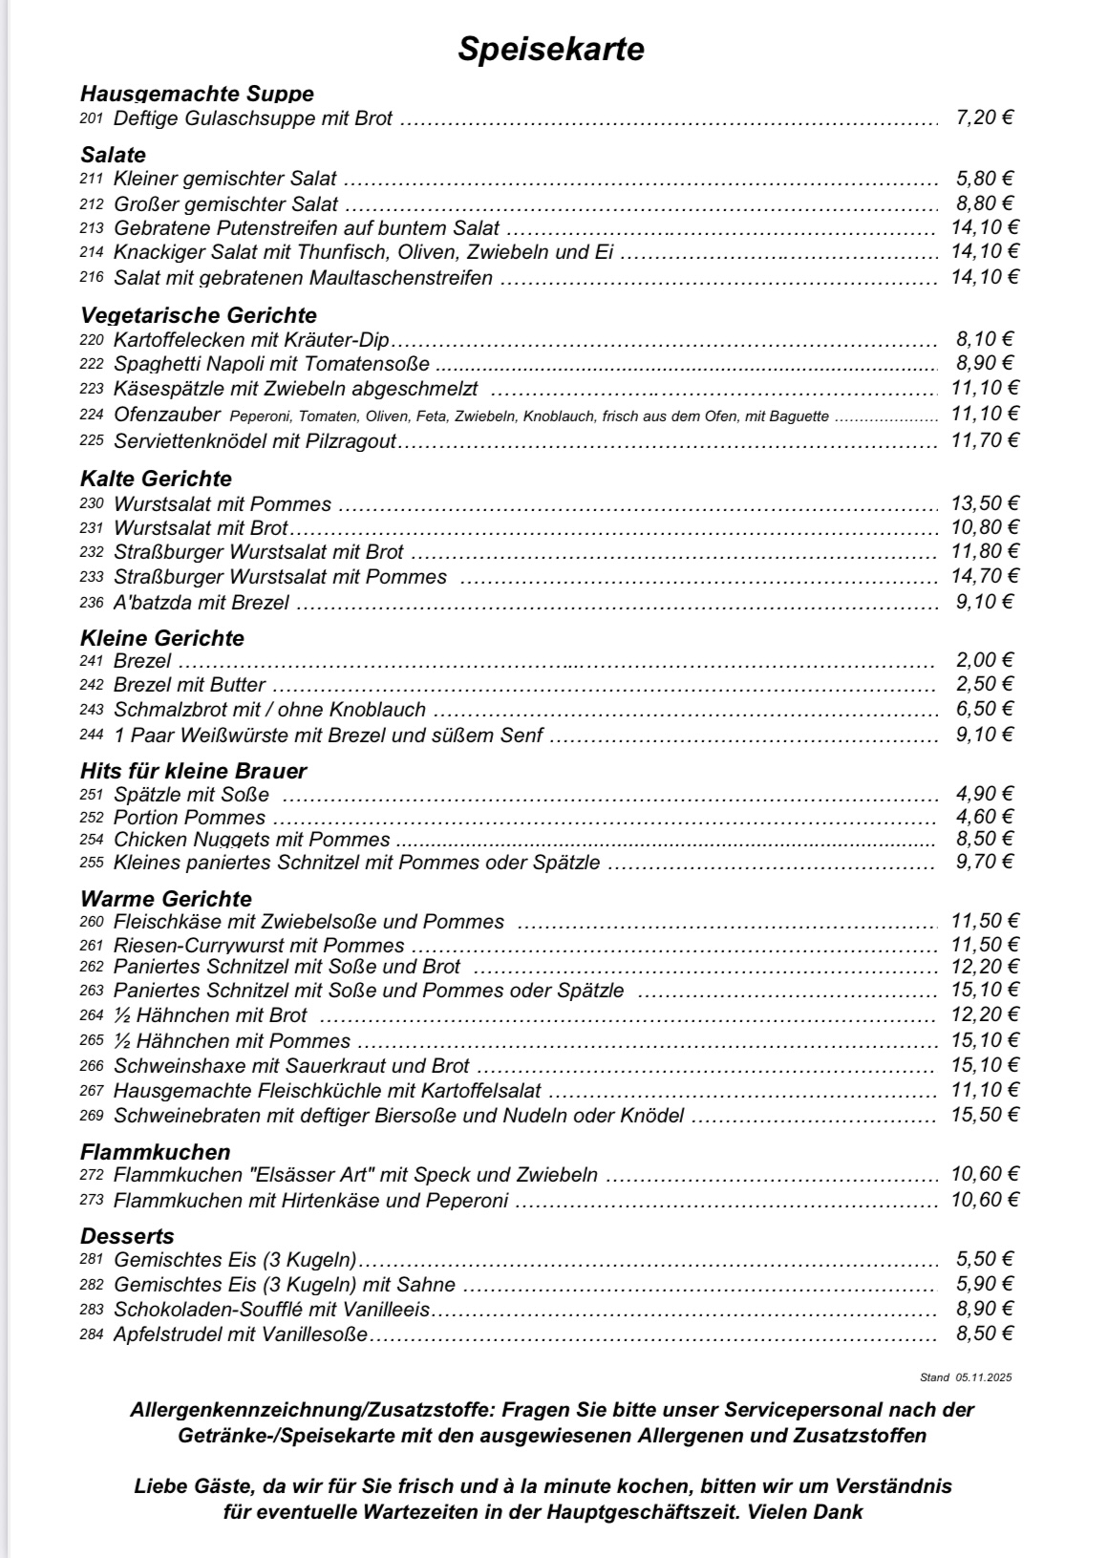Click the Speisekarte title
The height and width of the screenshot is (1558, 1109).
click(550, 49)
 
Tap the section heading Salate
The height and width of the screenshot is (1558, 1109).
click(114, 155)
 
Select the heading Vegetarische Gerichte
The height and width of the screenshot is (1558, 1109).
click(199, 315)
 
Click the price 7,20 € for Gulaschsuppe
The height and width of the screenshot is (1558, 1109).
click(984, 118)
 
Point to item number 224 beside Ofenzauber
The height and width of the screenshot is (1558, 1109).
click(91, 416)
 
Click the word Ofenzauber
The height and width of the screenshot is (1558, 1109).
click(166, 415)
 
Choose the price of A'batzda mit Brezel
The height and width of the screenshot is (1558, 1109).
click(984, 602)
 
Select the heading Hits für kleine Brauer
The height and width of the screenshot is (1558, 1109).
click(194, 771)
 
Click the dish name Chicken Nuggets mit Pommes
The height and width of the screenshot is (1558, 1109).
click(251, 840)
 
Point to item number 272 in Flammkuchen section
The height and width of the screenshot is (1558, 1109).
click(91, 1176)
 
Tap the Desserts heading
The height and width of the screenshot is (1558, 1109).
click(127, 1236)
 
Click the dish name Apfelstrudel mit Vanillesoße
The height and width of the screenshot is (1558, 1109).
click(240, 1334)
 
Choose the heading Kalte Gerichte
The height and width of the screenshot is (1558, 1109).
click(157, 479)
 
